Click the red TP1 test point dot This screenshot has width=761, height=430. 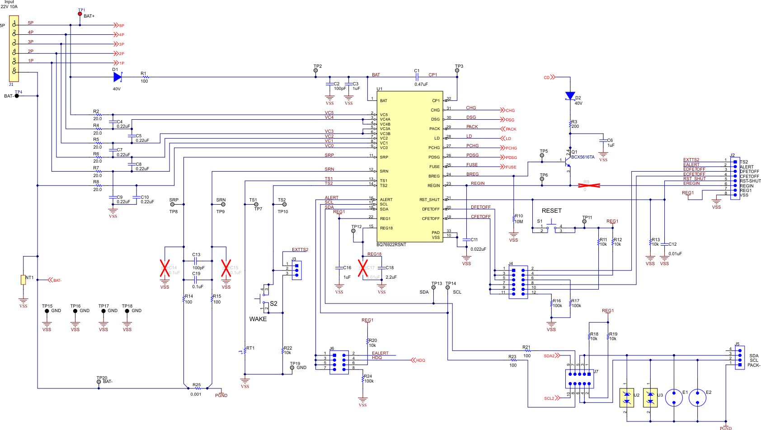pyautogui.click(x=80, y=14)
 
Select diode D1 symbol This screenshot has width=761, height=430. pyautogui.click(x=117, y=77)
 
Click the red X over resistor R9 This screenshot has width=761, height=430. pyautogui.click(x=589, y=185)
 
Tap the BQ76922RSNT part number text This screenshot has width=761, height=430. pyautogui.click(x=391, y=245)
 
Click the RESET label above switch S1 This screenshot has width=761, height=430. pyautogui.click(x=551, y=211)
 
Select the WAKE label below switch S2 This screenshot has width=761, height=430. pyautogui.click(x=258, y=319)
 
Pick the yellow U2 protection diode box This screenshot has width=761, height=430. pyautogui.click(x=626, y=398)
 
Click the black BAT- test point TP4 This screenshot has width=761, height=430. pyautogui.click(x=17, y=96)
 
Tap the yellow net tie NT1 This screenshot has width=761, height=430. pyautogui.click(x=23, y=280)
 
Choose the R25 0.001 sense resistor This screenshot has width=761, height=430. pyautogui.click(x=197, y=388)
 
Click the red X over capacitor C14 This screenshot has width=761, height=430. pyautogui.click(x=165, y=268)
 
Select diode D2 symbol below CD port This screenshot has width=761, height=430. pyautogui.click(x=570, y=96)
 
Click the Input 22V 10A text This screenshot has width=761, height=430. pyautogui.click(x=9, y=5)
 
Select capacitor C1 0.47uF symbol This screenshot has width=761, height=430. pyautogui.click(x=417, y=77)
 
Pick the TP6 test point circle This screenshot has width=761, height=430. pyautogui.click(x=542, y=179)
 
